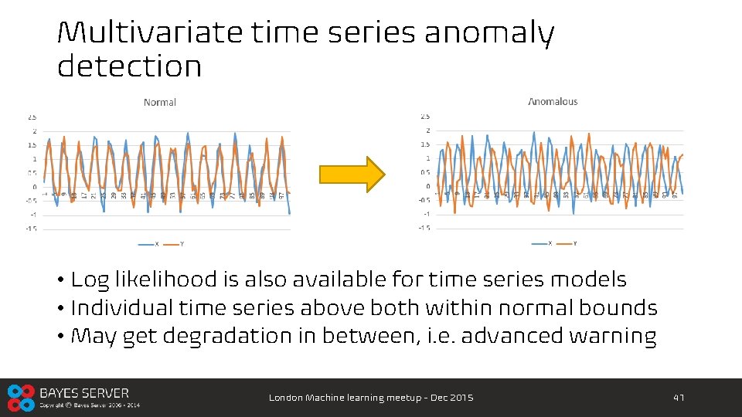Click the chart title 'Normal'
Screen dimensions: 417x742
click(x=160, y=102)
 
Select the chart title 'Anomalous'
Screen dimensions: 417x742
click(x=553, y=101)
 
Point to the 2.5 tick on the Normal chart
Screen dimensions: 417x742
click(x=32, y=117)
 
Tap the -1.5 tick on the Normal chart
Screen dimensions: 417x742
click(x=31, y=229)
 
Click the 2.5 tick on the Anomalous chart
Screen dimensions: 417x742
click(x=424, y=117)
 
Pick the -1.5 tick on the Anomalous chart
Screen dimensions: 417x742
click(x=424, y=228)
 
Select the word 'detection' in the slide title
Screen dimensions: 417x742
click(x=129, y=66)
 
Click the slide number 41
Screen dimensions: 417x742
click(x=679, y=398)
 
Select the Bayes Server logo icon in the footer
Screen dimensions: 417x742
click(x=21, y=398)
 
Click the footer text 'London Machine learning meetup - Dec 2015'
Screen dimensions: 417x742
click(x=371, y=398)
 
